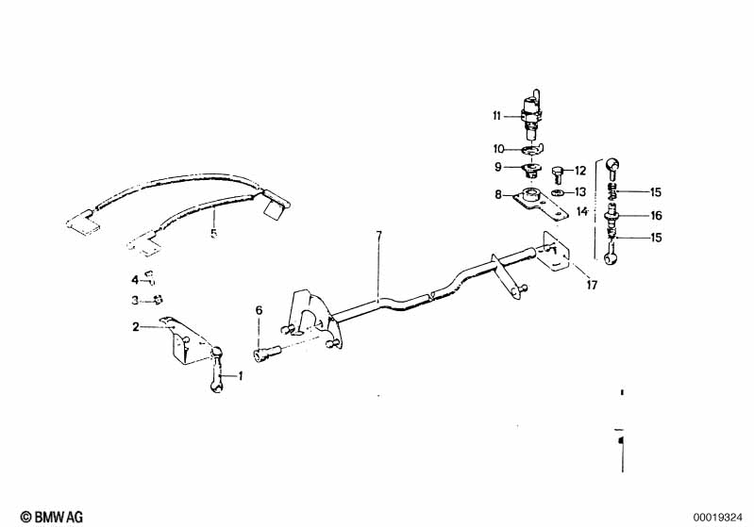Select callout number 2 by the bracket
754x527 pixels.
click(136, 326)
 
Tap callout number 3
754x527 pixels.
click(135, 301)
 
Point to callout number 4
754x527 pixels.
click(135, 279)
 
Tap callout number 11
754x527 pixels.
click(496, 117)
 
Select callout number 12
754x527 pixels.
click(580, 171)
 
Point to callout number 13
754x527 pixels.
click(580, 191)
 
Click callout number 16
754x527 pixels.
click(656, 215)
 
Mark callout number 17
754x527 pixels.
click(591, 284)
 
